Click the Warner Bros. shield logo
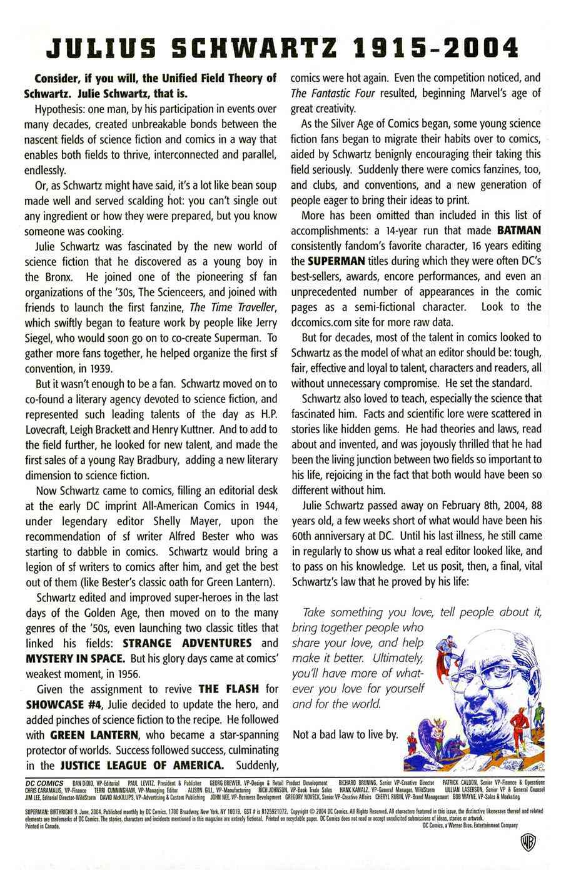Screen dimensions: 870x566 527,841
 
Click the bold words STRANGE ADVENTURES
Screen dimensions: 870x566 187,643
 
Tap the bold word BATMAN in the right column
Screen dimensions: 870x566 518,231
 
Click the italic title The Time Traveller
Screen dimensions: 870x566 233,307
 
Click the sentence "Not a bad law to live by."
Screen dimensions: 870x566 345,734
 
